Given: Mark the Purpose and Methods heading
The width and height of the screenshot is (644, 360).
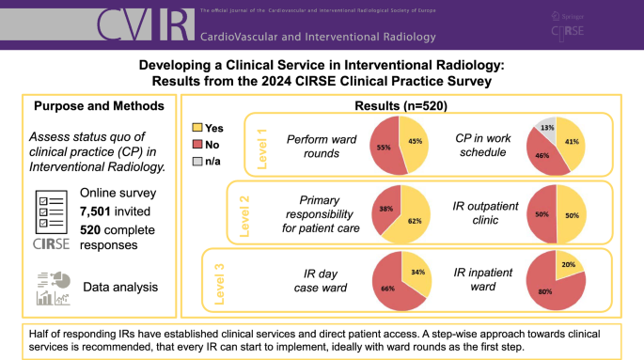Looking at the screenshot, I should [x=87, y=105].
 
